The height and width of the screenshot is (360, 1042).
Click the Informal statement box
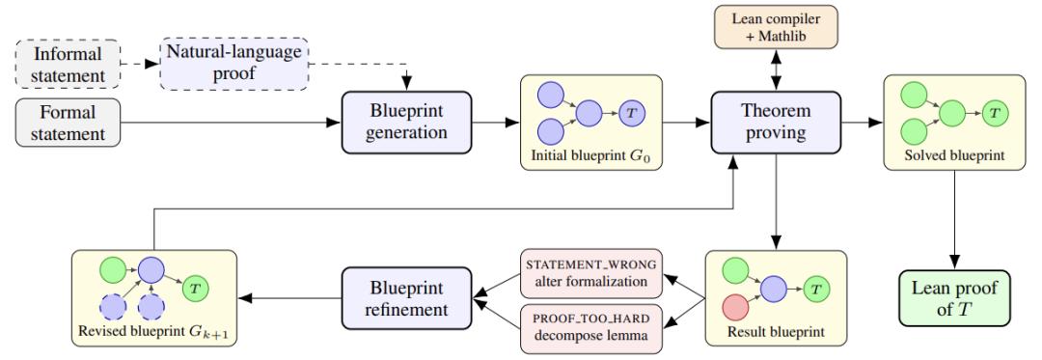tap(68, 65)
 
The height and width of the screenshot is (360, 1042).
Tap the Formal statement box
tap(68, 123)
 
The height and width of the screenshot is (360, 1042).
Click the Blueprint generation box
tap(407, 122)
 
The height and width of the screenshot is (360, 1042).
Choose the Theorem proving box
tap(776, 122)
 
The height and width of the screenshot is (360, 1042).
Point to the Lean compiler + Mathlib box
tap(776, 27)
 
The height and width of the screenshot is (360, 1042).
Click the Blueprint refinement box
tap(407, 298)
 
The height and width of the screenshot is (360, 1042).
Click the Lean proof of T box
tap(954, 298)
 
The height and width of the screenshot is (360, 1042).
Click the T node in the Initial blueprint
tap(630, 113)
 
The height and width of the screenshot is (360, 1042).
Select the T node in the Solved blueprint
tap(994, 113)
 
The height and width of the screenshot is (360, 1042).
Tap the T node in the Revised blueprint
tap(194, 289)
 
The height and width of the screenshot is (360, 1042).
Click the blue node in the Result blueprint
tap(774, 289)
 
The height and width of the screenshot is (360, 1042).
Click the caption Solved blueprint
tap(954, 156)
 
